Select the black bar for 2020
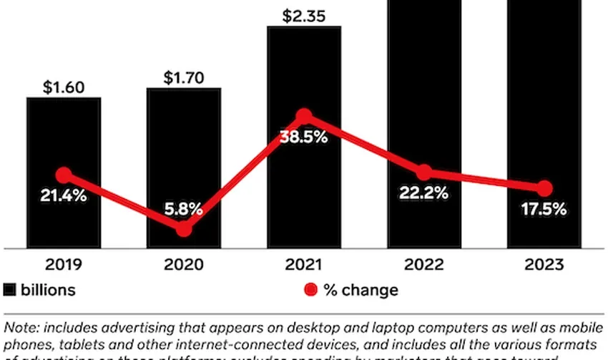pos(184,143)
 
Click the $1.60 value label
pos(64,88)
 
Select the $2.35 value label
pos(304,16)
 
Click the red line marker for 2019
pos(64,175)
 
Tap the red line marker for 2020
pos(184,229)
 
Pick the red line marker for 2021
pos(304,116)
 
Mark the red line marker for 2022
pos(424,172)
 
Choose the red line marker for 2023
pos(544,188)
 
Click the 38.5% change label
pos(304,137)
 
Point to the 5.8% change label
pos(184,210)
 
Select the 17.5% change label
pos(544,210)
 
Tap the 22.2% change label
pos(424,193)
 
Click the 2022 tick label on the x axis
pos(424,265)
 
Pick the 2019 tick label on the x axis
pos(64,265)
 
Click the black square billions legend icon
pos(10,290)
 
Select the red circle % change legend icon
pos(310,290)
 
